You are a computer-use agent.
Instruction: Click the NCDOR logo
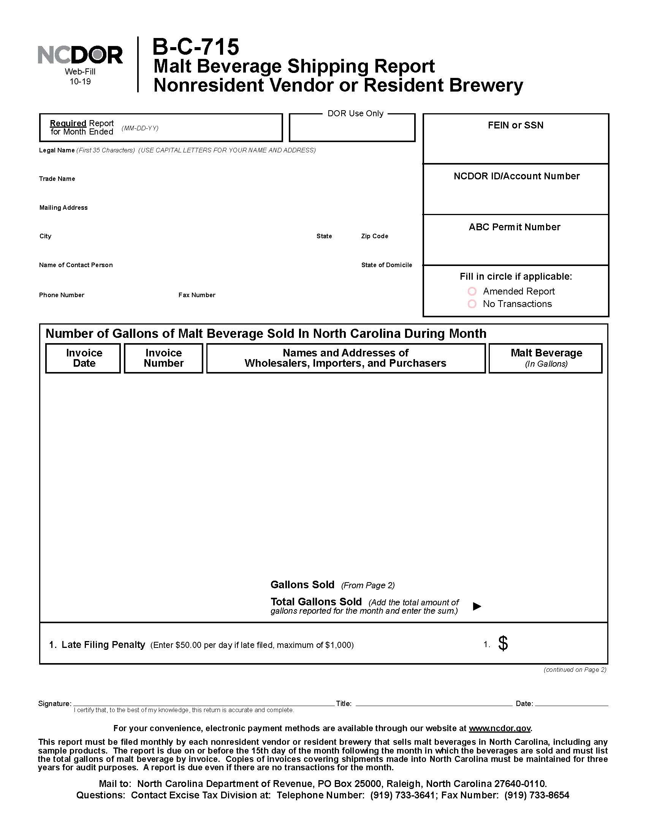pos(80,55)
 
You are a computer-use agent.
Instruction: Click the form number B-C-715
pos(196,47)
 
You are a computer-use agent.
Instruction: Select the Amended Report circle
pos(472,291)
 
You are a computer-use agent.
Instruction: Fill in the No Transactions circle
pos(472,304)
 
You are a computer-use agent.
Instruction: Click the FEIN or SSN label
pos(515,125)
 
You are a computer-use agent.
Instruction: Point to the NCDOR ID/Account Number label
pos(516,176)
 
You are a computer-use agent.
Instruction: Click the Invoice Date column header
pos(84,358)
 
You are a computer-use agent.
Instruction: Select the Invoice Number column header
pos(163,358)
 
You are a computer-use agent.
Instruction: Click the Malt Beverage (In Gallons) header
pos(546,358)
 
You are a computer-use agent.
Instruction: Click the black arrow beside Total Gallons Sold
pos(477,606)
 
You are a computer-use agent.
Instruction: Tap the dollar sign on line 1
pos(503,643)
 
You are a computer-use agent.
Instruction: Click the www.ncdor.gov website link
pos(499,728)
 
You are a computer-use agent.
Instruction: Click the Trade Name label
pos(57,179)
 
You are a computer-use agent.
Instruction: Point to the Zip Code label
pos(374,236)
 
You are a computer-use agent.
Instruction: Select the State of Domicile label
pos(386,265)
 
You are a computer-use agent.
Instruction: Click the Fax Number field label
pos(197,295)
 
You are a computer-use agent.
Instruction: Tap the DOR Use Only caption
pos(355,113)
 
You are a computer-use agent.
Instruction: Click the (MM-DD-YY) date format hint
pos(140,128)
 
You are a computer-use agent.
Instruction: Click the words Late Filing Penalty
pos(103,644)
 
